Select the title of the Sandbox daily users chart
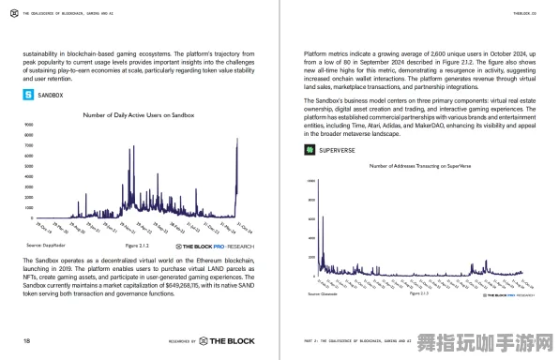tap(138, 115)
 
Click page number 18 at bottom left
tap(27, 339)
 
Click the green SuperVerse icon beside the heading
tap(309, 149)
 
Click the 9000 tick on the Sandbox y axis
tap(28, 125)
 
